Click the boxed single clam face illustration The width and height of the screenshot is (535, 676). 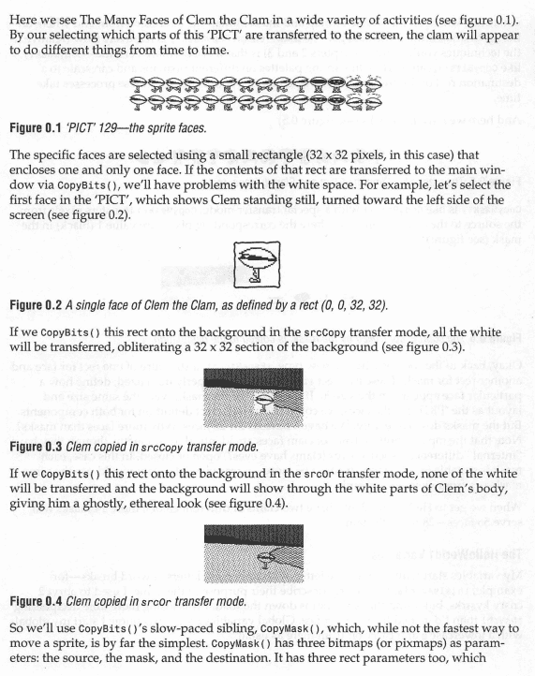point(257,265)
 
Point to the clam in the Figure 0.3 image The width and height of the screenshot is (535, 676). point(264,403)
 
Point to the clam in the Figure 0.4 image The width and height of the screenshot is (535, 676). point(264,559)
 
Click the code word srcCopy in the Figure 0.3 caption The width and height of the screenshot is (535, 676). point(162,447)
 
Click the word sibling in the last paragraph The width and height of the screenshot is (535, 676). point(235,628)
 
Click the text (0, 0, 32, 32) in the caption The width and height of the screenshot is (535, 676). point(354,305)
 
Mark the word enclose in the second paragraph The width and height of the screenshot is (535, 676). point(28,169)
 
